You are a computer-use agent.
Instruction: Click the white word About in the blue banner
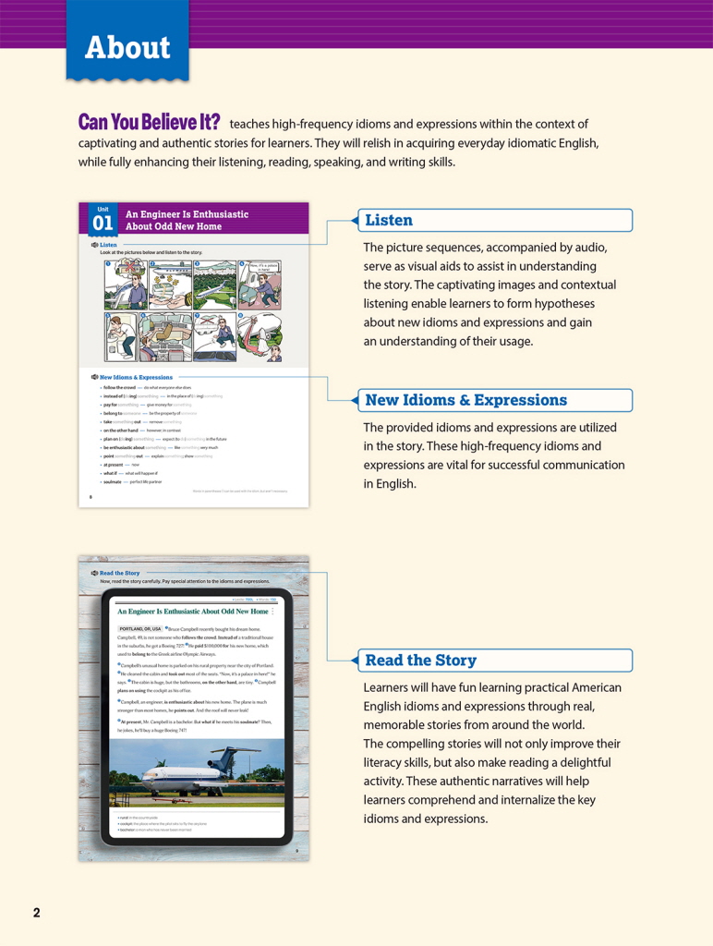(x=127, y=48)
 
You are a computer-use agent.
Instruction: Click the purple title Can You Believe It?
(x=149, y=123)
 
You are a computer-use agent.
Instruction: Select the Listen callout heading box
(x=494, y=220)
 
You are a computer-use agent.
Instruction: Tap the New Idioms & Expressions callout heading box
(x=494, y=400)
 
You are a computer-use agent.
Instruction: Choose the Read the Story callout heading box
(x=494, y=660)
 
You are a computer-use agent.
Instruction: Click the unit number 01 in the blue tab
(x=103, y=223)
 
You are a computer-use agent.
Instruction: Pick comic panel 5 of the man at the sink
(x=125, y=337)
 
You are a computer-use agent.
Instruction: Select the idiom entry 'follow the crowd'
(x=121, y=387)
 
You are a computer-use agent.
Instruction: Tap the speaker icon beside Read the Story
(x=94, y=573)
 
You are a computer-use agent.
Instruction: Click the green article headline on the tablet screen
(x=192, y=612)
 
